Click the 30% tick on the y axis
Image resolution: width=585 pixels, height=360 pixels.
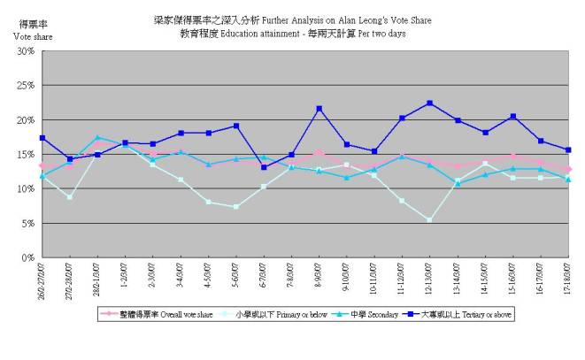(x=25, y=51)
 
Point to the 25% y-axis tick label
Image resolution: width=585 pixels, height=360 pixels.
(x=25, y=86)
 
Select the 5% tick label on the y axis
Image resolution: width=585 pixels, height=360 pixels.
(x=27, y=224)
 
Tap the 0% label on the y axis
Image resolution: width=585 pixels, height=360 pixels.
(x=27, y=258)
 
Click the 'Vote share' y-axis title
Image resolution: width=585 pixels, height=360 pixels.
(x=27, y=36)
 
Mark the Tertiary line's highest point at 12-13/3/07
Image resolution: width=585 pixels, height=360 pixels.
(x=429, y=103)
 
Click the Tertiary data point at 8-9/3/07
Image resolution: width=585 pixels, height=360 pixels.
(x=319, y=109)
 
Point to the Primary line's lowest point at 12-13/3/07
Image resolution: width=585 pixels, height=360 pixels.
(x=429, y=220)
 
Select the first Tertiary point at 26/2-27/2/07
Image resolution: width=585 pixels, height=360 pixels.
(x=42, y=138)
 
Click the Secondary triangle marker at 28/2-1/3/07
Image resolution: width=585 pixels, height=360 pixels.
(x=97, y=137)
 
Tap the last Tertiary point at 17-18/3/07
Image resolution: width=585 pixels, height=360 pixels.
(x=568, y=149)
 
